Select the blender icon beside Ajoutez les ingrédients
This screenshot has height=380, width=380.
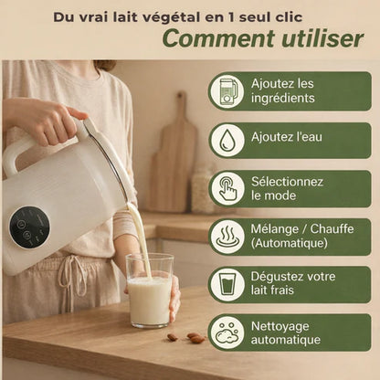point(227,91)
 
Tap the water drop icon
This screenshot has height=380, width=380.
point(227,140)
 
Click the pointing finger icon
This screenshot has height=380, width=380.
point(227,189)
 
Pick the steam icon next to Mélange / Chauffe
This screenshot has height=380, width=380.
point(227,237)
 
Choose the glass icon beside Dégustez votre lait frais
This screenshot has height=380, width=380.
point(227,284)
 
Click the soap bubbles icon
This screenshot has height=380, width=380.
point(227,332)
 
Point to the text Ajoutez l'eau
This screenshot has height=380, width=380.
point(287,137)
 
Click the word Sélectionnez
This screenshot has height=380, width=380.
point(287,182)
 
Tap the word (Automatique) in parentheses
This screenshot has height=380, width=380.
point(290,243)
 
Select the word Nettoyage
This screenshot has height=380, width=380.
point(280,327)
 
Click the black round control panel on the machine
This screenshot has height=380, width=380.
point(29,227)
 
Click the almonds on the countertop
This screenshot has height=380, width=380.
point(186,337)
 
